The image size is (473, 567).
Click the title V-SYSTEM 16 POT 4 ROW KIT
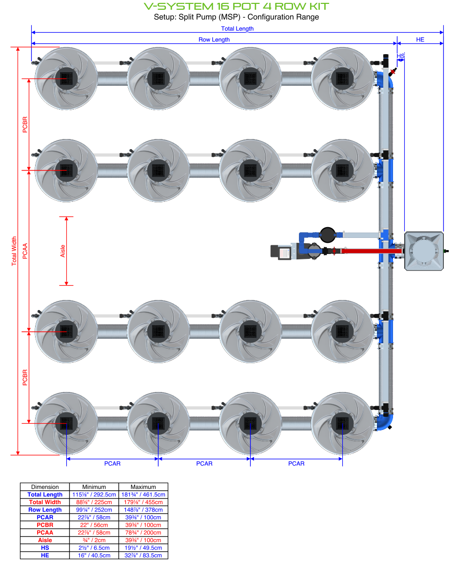coord(236,6)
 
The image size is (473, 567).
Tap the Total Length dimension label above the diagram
coord(237,29)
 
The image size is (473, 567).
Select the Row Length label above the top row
coord(214,39)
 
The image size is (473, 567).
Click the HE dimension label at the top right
coord(420,39)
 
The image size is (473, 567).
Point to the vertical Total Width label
coord(14,251)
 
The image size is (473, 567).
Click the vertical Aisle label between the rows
coord(62,251)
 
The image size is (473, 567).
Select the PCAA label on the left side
coord(25,251)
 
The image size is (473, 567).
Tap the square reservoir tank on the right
coord(424,251)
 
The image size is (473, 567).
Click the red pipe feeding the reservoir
coord(371,252)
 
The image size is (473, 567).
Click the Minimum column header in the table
coord(94,487)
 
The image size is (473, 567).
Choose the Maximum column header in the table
coord(143,487)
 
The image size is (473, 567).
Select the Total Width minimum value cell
coord(94,502)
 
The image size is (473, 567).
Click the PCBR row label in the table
coord(45,525)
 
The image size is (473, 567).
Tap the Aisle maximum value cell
coord(143,540)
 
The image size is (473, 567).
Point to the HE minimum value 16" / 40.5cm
coord(94,555)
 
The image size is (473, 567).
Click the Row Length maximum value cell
coord(143,509)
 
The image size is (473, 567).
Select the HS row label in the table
coord(45,548)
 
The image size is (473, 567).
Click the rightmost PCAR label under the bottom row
coord(296,464)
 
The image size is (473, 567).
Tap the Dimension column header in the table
coord(45,487)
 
